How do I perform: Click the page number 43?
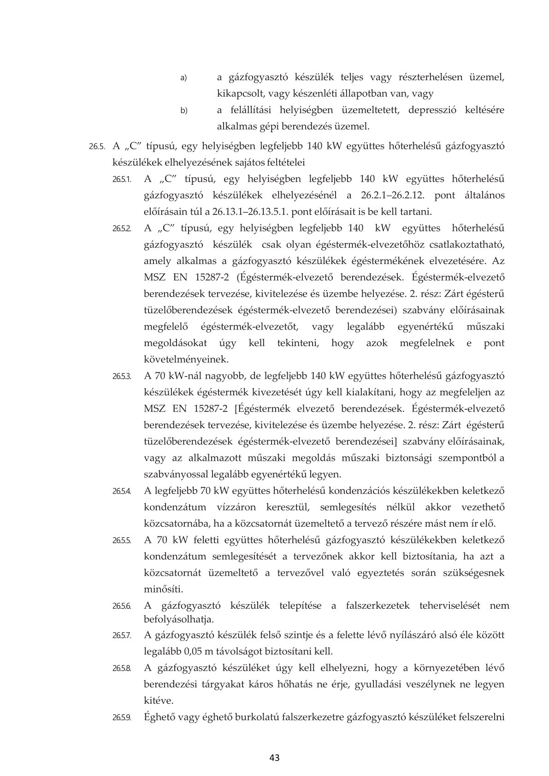(x=275, y=757)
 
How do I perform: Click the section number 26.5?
(x=97, y=147)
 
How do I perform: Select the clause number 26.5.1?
(x=122, y=179)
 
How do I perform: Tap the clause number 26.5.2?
(x=122, y=229)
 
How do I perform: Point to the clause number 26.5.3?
(x=122, y=376)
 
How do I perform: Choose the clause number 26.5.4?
(x=122, y=491)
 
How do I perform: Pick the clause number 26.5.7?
(x=122, y=636)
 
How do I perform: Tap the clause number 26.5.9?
(x=122, y=717)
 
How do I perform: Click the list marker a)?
(x=183, y=78)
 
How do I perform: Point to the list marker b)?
(x=183, y=111)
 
